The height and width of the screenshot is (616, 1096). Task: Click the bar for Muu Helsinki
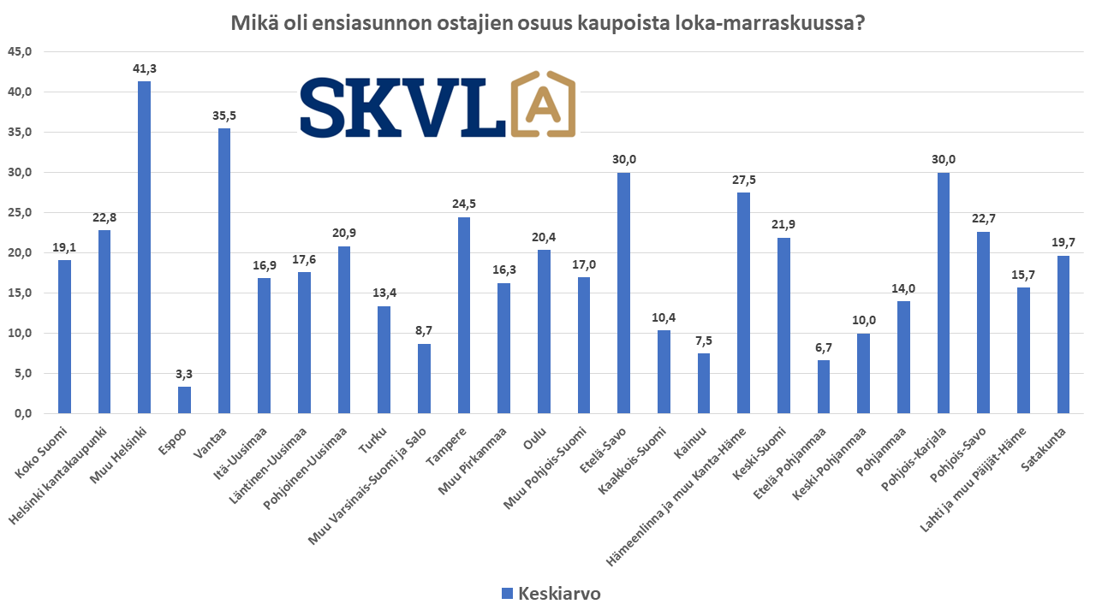pos(144,247)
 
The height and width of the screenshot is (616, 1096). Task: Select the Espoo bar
pos(184,400)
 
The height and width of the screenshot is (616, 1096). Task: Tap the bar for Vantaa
pos(224,270)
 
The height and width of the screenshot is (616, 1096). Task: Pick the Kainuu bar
pos(703,382)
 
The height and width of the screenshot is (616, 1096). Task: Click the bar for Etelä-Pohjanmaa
pos(824,386)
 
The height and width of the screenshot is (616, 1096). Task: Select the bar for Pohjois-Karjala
pos(944,293)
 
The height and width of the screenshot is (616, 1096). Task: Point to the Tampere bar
pos(464,315)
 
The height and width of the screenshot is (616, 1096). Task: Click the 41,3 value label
pos(144,68)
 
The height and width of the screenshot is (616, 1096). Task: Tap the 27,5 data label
pos(743,180)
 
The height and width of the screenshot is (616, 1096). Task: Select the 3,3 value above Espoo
pos(184,374)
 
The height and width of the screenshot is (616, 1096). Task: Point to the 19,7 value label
pos(1063,243)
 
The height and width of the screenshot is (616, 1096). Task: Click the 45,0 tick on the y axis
pos(19,52)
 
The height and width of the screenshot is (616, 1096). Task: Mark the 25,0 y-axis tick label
pos(19,213)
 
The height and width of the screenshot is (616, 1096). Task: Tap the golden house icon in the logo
pos(543,104)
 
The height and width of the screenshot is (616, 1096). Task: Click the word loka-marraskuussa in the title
pos(777,23)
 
